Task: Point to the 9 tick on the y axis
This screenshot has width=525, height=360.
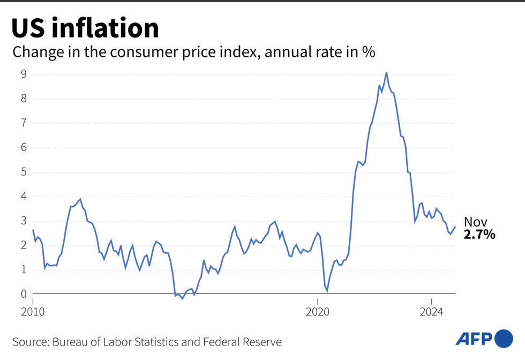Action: pos(24,74)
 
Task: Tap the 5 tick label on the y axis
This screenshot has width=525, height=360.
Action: pos(24,172)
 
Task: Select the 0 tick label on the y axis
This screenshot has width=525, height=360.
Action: pos(24,294)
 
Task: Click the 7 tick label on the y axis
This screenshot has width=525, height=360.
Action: pos(24,123)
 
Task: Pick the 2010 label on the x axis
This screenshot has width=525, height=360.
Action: pos(34,311)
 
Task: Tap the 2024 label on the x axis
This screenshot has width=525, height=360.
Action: pos(431,311)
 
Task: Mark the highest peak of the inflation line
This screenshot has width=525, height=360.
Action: pos(386,72)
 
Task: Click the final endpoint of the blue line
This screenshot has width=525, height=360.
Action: pos(455,227)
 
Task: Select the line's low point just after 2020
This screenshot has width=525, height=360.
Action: pos(327,291)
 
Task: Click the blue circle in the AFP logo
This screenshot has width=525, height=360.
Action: pos(504,338)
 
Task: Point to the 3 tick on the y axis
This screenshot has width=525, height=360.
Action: pos(24,221)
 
